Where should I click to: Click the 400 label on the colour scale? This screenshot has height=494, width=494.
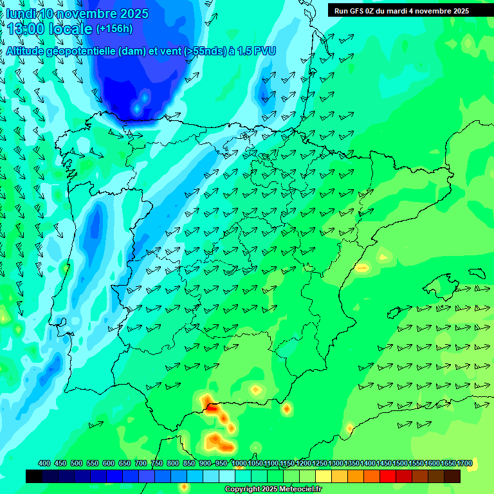click(x=44, y=463)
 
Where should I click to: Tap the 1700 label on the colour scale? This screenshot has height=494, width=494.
click(x=464, y=463)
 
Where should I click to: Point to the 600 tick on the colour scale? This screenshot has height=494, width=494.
click(x=109, y=463)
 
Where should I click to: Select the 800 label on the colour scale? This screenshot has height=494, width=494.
click(x=173, y=463)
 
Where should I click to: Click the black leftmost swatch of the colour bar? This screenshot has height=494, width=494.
click(x=34, y=476)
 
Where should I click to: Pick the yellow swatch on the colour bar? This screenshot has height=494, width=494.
click(x=324, y=476)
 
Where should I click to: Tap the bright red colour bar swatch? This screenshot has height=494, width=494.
click(x=388, y=476)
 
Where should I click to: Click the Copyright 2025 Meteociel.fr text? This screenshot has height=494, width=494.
click(x=273, y=489)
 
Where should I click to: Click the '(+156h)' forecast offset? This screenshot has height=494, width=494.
click(x=114, y=29)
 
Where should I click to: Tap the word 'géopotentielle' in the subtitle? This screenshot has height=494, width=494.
click(x=83, y=51)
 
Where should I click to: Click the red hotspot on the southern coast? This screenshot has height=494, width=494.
click(x=211, y=407)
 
